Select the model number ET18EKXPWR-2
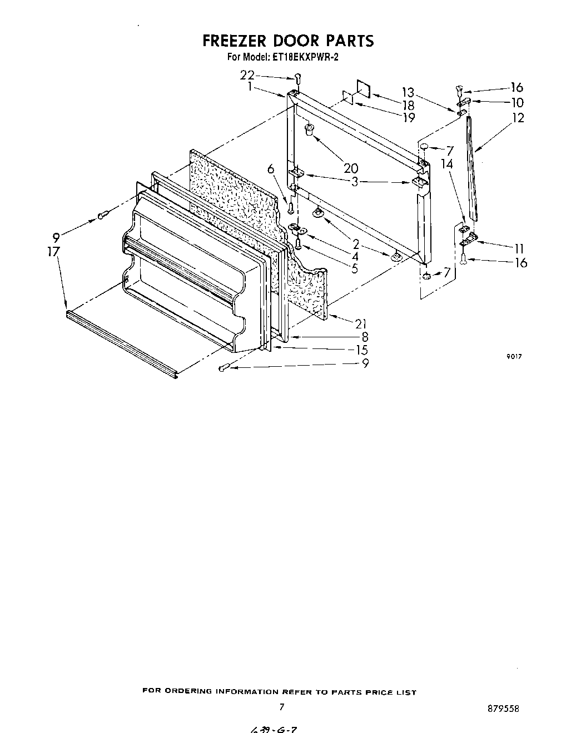click(305, 57)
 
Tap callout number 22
click(247, 75)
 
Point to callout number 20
click(351, 168)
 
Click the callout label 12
click(518, 118)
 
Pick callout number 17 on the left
click(53, 251)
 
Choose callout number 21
click(362, 323)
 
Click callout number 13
click(408, 92)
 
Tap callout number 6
click(271, 169)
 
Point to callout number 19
click(409, 117)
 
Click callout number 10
click(517, 102)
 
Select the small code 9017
click(514, 357)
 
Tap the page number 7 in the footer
click(282, 707)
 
